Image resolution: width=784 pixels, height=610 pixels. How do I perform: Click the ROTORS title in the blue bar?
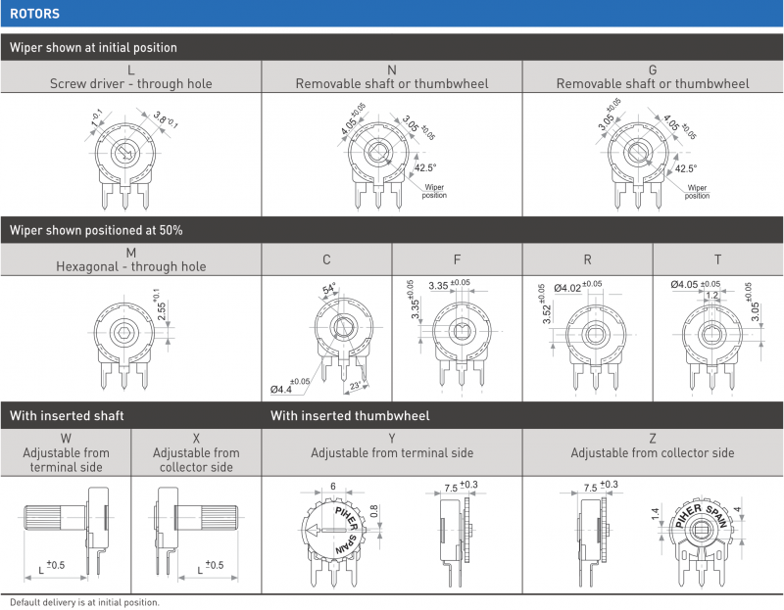click(34, 14)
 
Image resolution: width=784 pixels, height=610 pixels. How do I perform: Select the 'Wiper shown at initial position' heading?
click(93, 47)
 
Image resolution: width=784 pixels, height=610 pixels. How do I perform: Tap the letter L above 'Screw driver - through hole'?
click(131, 70)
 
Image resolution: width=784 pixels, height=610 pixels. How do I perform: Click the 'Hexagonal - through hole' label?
click(131, 266)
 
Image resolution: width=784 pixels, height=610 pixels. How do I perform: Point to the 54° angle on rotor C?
click(329, 289)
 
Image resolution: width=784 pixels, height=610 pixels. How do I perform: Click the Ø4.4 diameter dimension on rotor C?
click(281, 389)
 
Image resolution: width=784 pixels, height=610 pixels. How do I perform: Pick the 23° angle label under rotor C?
click(355, 386)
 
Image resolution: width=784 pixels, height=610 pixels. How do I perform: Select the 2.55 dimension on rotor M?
click(162, 311)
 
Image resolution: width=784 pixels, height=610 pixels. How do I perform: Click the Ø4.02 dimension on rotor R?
click(567, 288)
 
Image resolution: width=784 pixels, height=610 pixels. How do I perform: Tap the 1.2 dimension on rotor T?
click(711, 296)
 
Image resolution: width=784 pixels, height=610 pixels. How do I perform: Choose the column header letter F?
click(457, 259)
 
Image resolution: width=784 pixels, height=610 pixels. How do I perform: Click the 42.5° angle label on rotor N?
click(425, 167)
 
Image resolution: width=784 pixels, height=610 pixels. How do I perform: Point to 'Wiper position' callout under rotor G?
click(697, 191)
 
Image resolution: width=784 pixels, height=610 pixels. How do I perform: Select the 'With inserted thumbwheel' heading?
click(350, 416)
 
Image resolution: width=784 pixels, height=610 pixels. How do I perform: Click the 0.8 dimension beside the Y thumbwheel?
click(374, 511)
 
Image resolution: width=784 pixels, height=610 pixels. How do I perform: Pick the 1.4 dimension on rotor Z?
click(655, 514)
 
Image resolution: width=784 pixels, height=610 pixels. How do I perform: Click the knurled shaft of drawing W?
click(42, 517)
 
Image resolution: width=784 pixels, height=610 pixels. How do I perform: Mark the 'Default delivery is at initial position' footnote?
click(84, 602)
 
